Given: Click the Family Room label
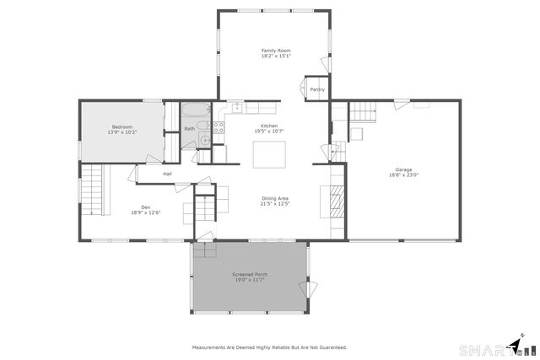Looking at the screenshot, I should pyautogui.click(x=275, y=51).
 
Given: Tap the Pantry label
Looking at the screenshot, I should pyautogui.click(x=317, y=89).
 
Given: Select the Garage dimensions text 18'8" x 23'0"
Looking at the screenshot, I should pyautogui.click(x=404, y=175).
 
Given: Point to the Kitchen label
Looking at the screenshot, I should pyautogui.click(x=268, y=126).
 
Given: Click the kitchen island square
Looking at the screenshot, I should pyautogui.click(x=270, y=153).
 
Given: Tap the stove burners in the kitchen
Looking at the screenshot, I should pyautogui.click(x=218, y=128).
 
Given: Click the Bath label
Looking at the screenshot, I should pyautogui.click(x=190, y=129).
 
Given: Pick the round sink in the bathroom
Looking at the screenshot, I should pyautogui.click(x=203, y=140).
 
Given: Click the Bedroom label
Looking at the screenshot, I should pyautogui.click(x=122, y=126).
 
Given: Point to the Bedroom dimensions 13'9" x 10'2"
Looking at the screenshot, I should pyautogui.click(x=122, y=132).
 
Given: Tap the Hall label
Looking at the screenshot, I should pyautogui.click(x=168, y=175).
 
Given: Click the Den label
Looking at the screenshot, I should pyautogui.click(x=145, y=207).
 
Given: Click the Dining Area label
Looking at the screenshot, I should pyautogui.click(x=275, y=198).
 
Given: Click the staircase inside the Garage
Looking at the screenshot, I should pyautogui.click(x=362, y=110).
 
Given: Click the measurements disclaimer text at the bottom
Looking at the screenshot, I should pyautogui.click(x=269, y=347).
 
